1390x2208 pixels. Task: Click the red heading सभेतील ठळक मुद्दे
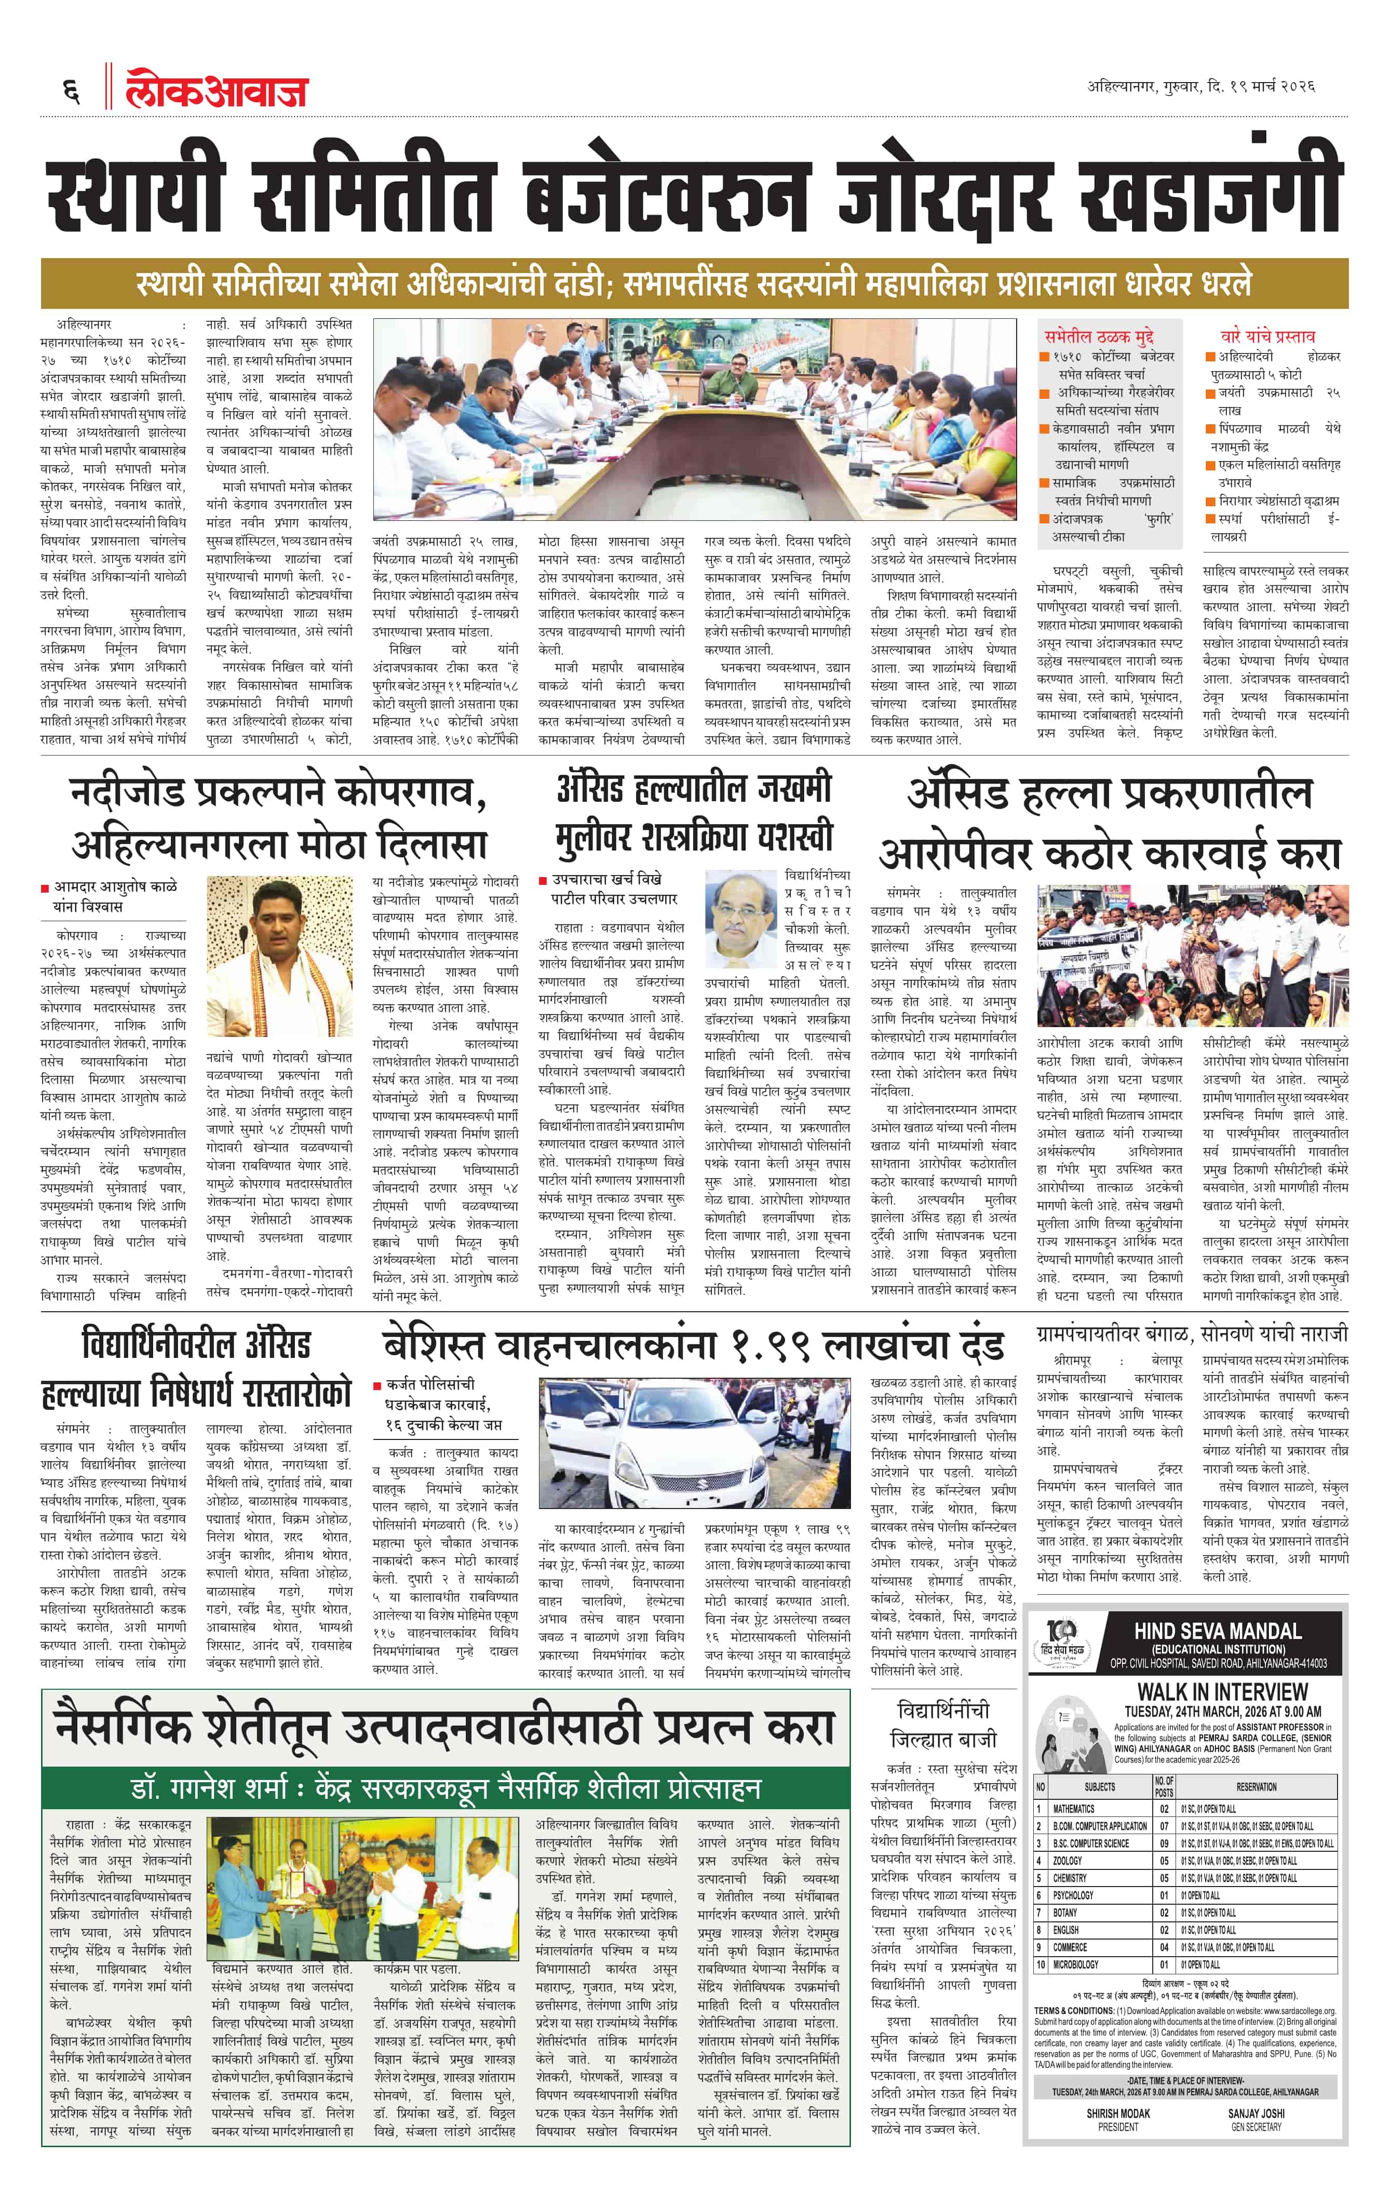point(1098,336)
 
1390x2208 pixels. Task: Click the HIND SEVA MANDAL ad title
point(1218,1631)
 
